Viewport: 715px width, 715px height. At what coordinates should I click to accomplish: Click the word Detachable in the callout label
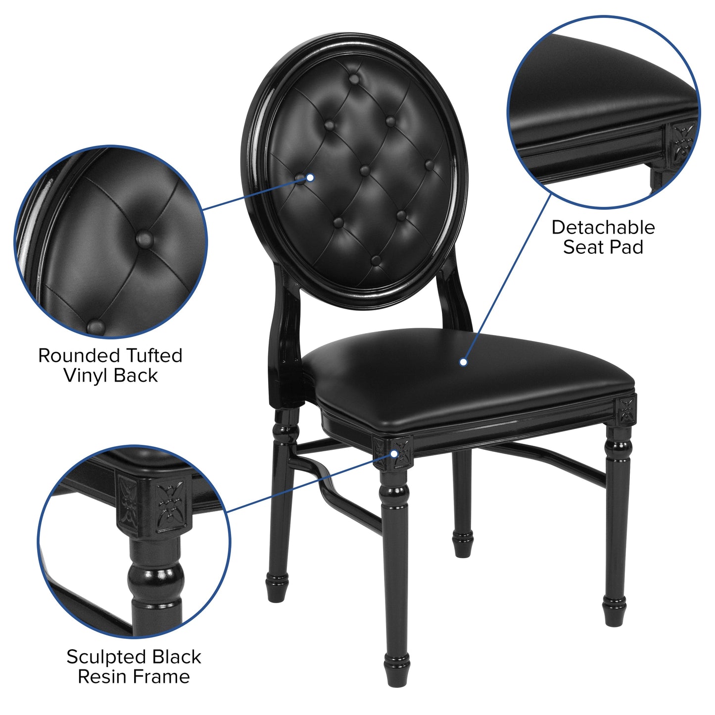pyautogui.click(x=603, y=228)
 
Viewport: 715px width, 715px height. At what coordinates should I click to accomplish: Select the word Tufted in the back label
pyautogui.click(x=154, y=356)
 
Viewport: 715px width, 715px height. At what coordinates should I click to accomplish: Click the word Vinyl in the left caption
pyautogui.click(x=85, y=376)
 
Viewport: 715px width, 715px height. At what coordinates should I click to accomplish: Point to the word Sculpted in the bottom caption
pyautogui.click(x=105, y=657)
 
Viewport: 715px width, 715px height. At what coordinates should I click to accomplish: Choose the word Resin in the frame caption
pyautogui.click(x=101, y=676)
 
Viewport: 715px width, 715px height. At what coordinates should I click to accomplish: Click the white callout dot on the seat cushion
pyautogui.click(x=463, y=362)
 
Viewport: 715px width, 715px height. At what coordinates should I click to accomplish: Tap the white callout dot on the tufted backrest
pyautogui.click(x=310, y=177)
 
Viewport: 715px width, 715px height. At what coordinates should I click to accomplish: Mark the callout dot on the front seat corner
pyautogui.click(x=395, y=453)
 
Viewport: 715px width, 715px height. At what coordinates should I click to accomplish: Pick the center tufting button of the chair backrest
pyautogui.click(x=365, y=171)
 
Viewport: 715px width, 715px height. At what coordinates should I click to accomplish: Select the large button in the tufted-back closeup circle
pyautogui.click(x=144, y=239)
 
